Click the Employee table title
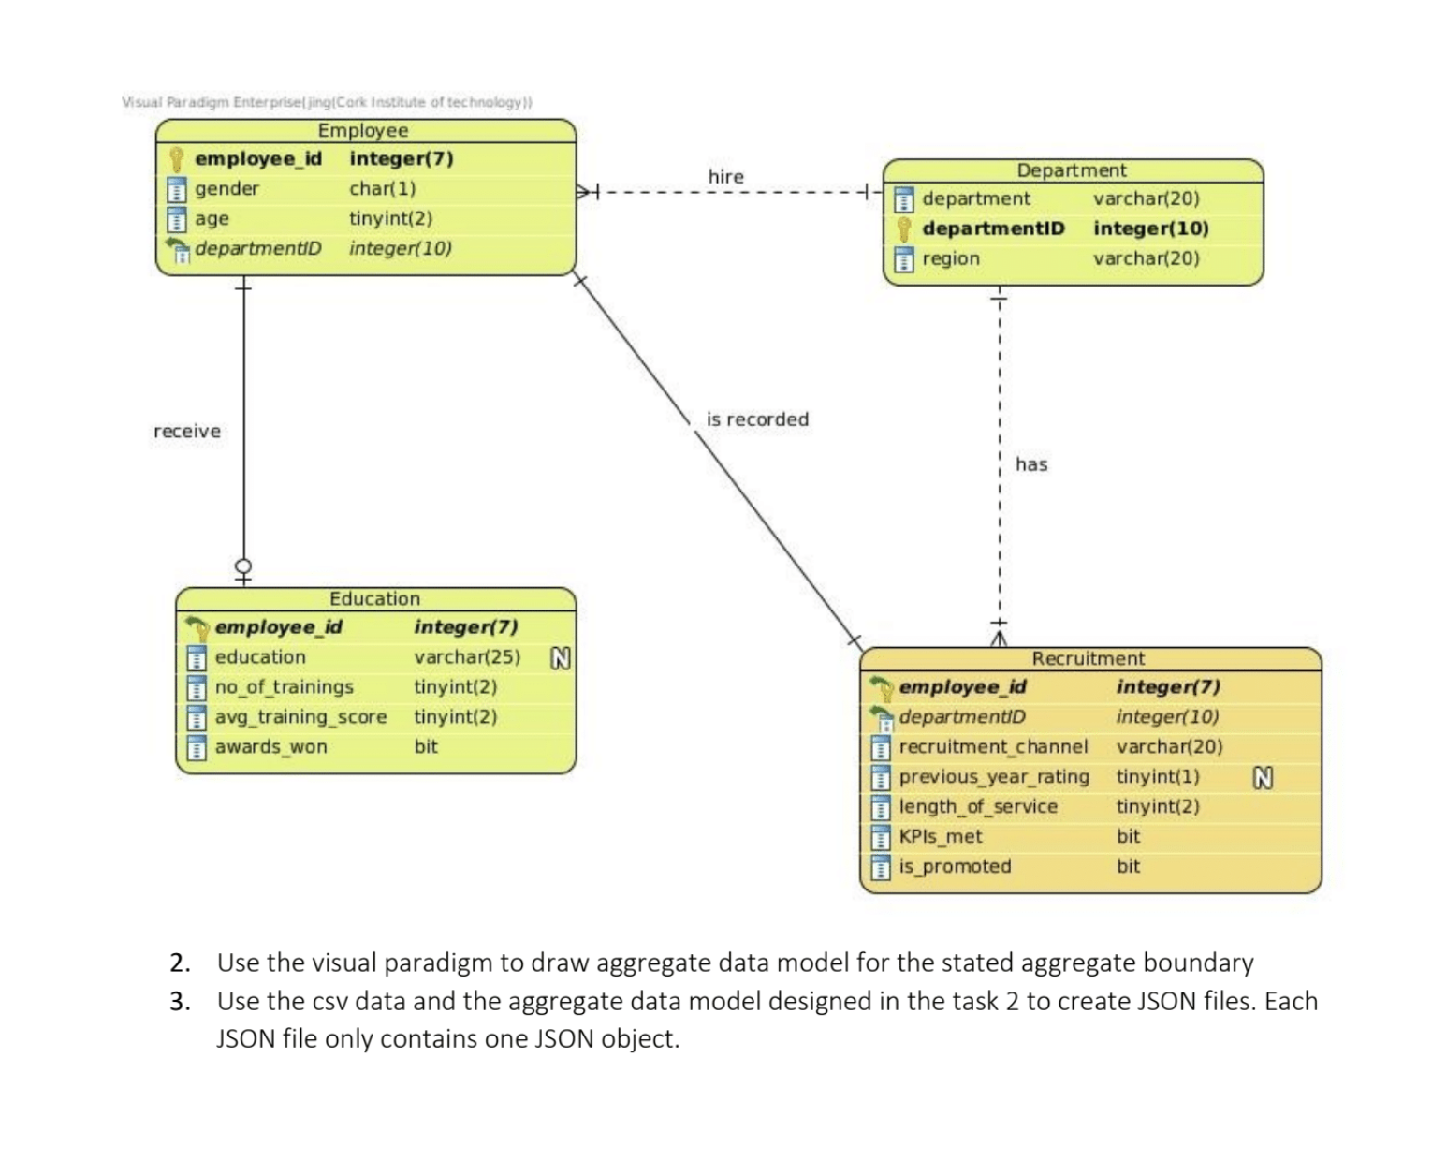click(363, 130)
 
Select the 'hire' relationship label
click(725, 176)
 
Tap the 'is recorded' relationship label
click(757, 419)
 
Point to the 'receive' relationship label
click(187, 431)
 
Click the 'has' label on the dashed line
click(1031, 464)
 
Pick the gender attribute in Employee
click(226, 188)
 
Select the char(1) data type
click(382, 188)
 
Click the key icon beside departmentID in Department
click(903, 228)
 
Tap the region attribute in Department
click(951, 258)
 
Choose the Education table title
click(374, 598)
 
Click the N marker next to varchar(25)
click(560, 658)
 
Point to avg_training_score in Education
click(300, 717)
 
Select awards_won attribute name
click(271, 747)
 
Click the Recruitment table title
click(1089, 658)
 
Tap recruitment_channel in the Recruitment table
click(993, 747)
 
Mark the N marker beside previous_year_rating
click(1263, 777)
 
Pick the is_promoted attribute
click(955, 867)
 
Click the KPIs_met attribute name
click(941, 837)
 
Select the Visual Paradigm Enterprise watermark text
click(327, 102)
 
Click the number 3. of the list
click(180, 1001)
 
